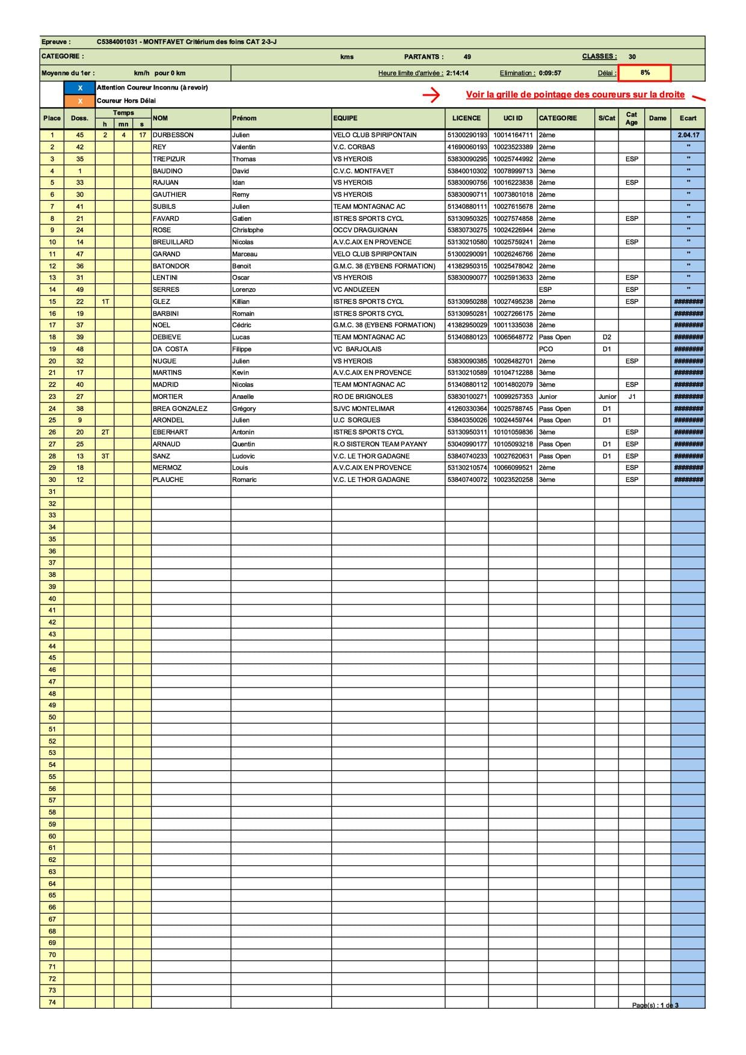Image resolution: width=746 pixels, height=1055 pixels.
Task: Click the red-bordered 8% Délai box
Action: (x=644, y=73)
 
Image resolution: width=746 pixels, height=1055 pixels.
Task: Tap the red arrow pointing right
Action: (x=431, y=95)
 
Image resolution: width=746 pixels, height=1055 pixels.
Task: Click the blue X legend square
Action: (x=80, y=88)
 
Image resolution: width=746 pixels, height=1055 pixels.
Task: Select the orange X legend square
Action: (x=80, y=101)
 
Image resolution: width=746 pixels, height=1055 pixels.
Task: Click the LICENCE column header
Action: (x=466, y=118)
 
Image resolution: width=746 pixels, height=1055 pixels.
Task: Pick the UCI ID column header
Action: (x=513, y=118)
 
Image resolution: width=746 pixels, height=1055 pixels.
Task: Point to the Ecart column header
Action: (x=688, y=118)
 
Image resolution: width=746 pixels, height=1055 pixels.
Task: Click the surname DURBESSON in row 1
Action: (x=173, y=135)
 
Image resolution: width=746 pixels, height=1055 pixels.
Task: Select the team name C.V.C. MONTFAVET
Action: (x=363, y=171)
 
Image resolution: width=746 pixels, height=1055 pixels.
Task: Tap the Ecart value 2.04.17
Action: (x=688, y=135)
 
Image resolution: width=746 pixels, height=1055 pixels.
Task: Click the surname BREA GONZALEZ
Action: (x=179, y=408)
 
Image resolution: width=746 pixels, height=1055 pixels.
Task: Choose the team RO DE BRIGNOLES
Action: (x=363, y=397)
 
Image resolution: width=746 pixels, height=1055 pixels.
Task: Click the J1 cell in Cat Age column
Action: (x=632, y=397)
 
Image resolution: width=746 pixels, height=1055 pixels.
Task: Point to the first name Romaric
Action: (x=244, y=480)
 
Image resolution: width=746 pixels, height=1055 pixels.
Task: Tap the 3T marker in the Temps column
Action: (x=105, y=456)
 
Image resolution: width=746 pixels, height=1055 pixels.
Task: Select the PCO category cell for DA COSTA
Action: (x=546, y=349)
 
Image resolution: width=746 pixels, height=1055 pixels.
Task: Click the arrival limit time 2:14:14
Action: (x=457, y=73)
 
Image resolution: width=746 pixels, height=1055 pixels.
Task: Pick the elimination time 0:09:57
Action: (x=550, y=73)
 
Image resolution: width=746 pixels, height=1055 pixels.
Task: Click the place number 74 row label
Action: (x=52, y=1002)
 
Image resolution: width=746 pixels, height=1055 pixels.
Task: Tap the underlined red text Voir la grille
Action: (x=575, y=95)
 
